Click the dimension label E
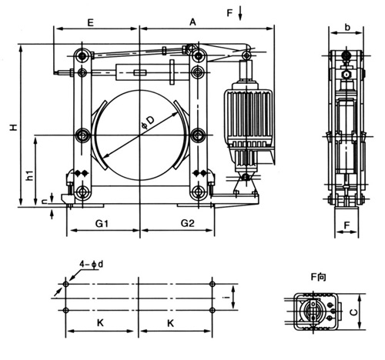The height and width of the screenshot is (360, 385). (90, 22)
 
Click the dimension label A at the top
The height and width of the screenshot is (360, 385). (192, 22)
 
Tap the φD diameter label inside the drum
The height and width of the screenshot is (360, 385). (149, 122)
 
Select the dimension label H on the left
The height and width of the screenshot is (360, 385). (14, 127)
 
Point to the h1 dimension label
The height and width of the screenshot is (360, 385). (30, 175)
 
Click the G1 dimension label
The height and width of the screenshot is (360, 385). (102, 224)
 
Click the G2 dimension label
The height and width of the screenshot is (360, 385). (188, 223)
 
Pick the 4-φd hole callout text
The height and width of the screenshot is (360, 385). (91, 264)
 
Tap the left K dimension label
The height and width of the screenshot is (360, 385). (100, 323)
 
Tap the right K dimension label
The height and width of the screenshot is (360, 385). (170, 323)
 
